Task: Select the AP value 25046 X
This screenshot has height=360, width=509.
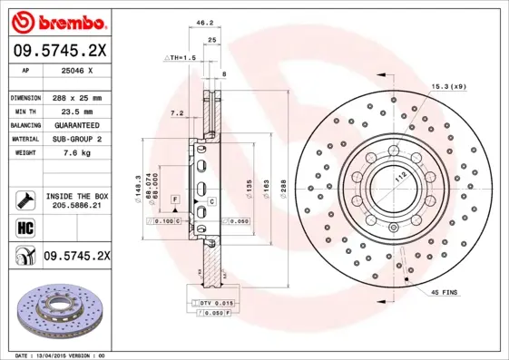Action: [x=76, y=71]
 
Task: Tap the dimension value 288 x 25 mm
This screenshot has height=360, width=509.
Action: [x=76, y=97]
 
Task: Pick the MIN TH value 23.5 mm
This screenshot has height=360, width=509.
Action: [x=76, y=111]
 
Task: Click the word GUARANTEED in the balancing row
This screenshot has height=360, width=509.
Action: [x=76, y=124]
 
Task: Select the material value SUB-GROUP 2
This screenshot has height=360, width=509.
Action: [x=76, y=139]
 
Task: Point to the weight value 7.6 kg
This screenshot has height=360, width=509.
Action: [x=76, y=153]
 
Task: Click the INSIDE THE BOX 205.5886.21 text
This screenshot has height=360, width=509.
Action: [x=76, y=200]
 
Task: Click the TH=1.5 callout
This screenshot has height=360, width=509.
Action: [x=181, y=57]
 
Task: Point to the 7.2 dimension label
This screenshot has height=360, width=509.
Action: [x=177, y=113]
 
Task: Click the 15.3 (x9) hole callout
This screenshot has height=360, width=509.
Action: [x=447, y=86]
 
